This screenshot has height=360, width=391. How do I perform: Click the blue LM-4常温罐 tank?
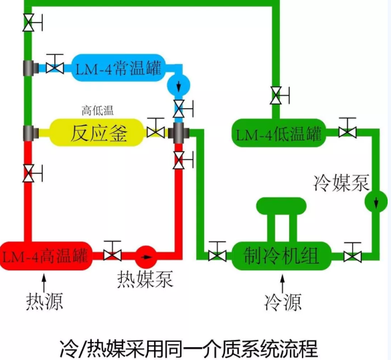(119, 68)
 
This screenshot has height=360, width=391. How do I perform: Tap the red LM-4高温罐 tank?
(46, 256)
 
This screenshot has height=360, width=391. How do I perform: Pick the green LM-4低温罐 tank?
(279, 132)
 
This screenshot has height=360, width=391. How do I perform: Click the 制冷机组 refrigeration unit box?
(281, 256)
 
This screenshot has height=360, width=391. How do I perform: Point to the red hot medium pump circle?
(146, 257)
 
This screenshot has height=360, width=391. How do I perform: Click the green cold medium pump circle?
(376, 201)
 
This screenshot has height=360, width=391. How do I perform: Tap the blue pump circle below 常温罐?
(179, 85)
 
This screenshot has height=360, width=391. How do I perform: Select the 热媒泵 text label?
(145, 279)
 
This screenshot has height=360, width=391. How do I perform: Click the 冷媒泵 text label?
(341, 183)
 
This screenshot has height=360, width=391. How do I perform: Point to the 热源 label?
(44, 301)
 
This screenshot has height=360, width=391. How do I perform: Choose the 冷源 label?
(283, 302)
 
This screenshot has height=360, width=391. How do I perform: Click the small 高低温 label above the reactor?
(98, 110)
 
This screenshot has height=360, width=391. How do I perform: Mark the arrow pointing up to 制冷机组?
(283, 284)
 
